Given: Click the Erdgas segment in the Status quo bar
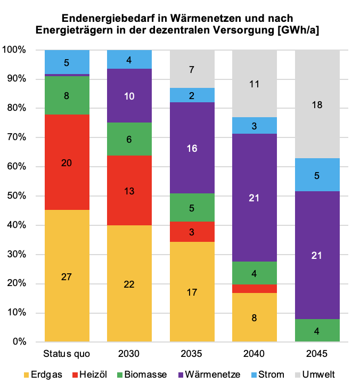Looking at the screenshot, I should pyautogui.click(x=67, y=275).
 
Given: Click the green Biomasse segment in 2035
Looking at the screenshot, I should pyautogui.click(x=192, y=208).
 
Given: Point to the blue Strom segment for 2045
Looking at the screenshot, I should pyautogui.click(x=317, y=176).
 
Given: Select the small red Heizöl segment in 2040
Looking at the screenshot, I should pyautogui.click(x=255, y=289).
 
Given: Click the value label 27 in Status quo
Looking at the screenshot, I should pyautogui.click(x=67, y=276).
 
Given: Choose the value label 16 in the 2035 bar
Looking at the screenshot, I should pyautogui.click(x=192, y=148).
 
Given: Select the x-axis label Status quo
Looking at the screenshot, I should pyautogui.click(x=67, y=354).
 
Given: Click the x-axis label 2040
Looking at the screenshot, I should pyautogui.click(x=255, y=354).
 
